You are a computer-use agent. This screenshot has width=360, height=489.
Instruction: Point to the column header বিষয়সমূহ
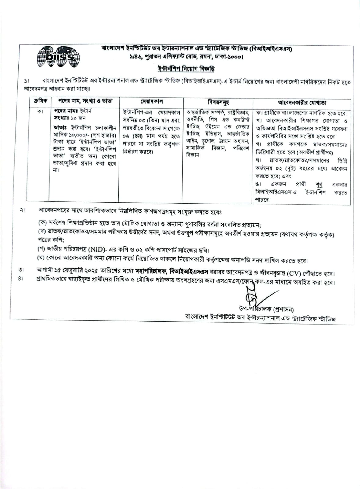point(218,102)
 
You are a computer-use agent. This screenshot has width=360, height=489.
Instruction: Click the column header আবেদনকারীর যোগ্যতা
point(302,102)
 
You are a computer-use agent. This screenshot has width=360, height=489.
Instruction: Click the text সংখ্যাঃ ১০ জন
point(70,118)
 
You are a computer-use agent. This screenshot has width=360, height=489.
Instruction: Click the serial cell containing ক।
point(39,111)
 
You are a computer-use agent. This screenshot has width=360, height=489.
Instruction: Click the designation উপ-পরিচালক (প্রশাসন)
point(266,309)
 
